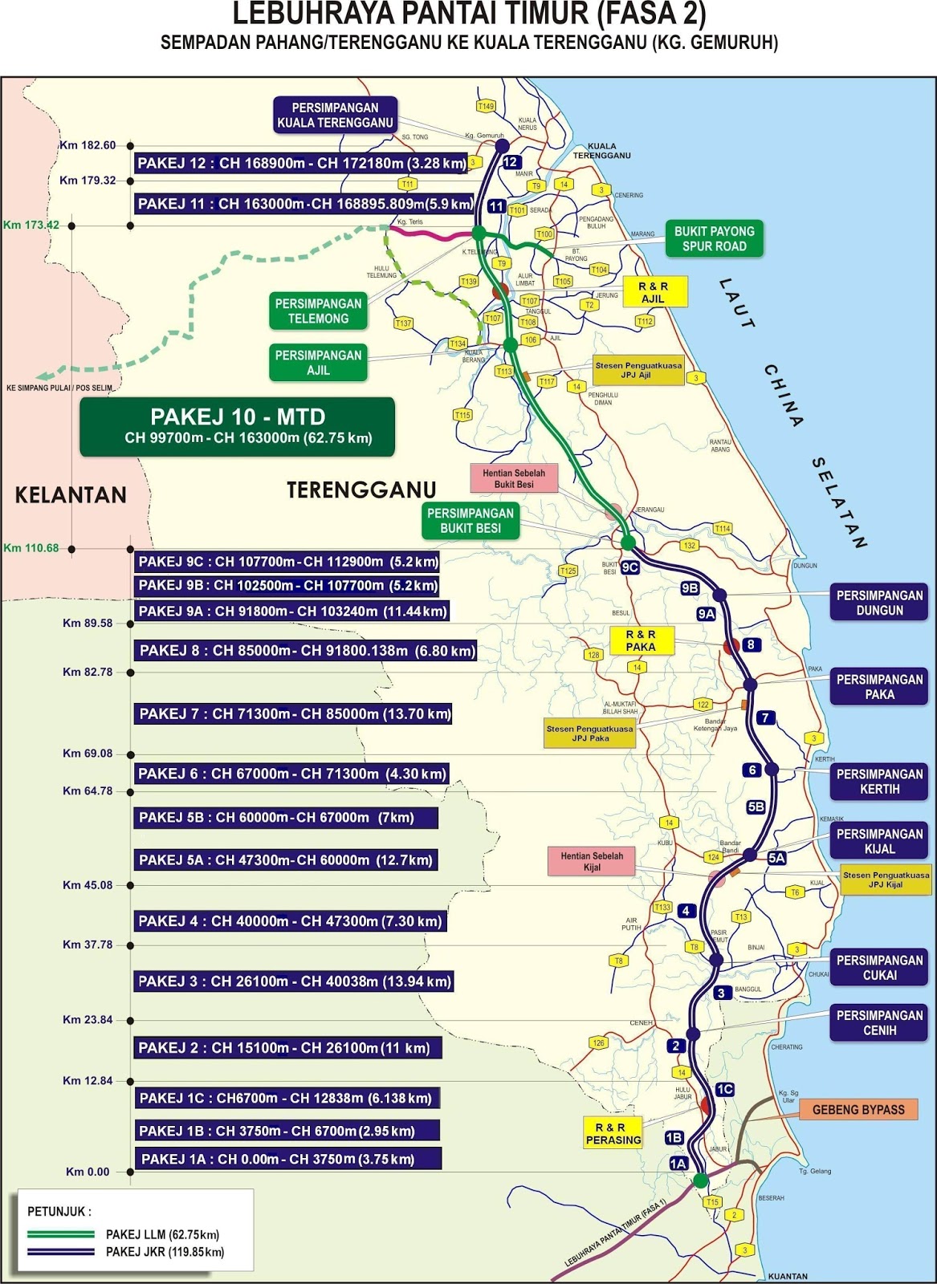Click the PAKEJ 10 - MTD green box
coord(237,426)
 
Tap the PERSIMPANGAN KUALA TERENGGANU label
coord(335,115)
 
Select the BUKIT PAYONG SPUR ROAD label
coord(714,238)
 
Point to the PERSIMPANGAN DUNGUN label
coord(879,603)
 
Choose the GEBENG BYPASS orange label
coord(858,1110)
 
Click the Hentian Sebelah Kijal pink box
coord(592,861)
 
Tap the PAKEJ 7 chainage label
coord(294,713)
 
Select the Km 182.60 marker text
coord(88,145)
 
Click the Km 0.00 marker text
coord(88,1172)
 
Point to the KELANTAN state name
coord(71,494)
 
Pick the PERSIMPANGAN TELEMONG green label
coord(318,311)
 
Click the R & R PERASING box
coord(613,1133)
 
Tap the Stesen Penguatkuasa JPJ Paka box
coord(590,733)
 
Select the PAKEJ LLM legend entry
coord(162,1234)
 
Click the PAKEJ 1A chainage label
coord(287,1159)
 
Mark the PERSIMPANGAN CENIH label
coord(879,1022)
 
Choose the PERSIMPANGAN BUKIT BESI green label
coord(471,520)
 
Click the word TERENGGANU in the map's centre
coord(361,490)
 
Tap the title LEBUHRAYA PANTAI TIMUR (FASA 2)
coord(469,14)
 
